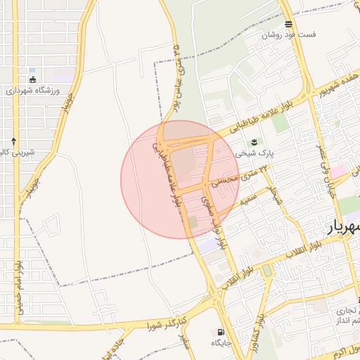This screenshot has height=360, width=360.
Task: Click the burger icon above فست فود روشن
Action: [x=288, y=23]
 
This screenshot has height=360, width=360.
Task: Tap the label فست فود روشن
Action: [x=289, y=34]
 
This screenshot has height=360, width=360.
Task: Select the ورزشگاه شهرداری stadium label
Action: [x=34, y=91]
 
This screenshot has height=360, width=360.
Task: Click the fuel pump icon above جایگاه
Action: [x=222, y=333]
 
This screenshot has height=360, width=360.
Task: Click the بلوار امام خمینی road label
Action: [x=18, y=288]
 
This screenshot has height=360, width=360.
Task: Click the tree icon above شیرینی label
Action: [x=13, y=141]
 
